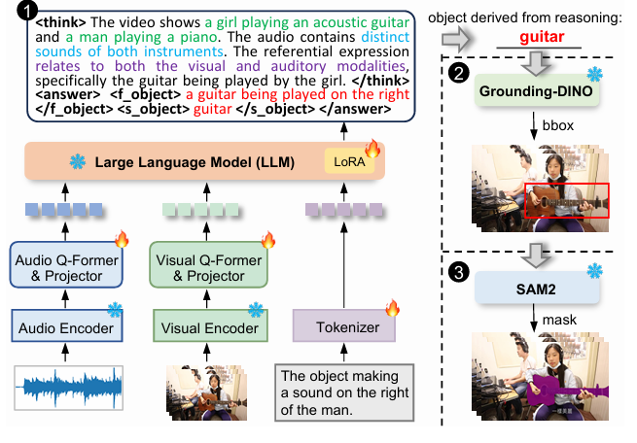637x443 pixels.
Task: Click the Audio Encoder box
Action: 65,327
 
